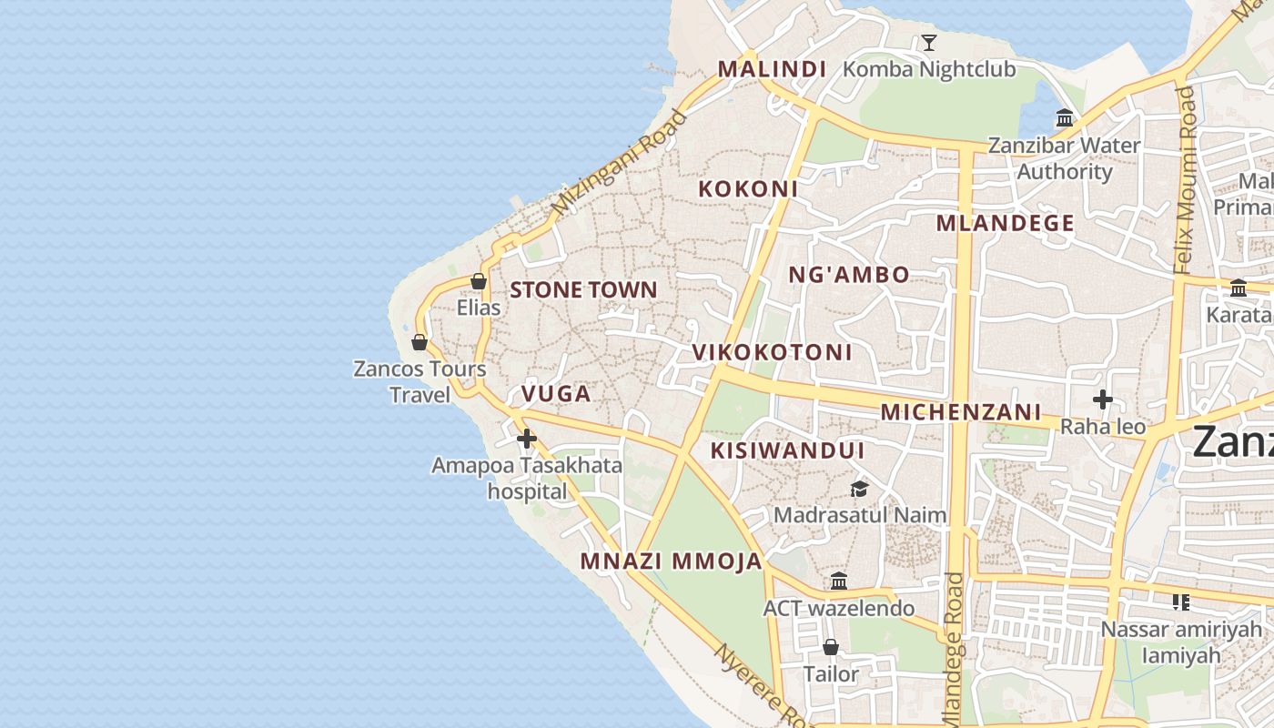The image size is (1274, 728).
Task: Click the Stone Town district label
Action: click(x=583, y=290)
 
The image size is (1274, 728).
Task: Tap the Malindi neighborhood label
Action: click(x=772, y=69)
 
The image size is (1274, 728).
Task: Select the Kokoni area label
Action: click(x=748, y=189)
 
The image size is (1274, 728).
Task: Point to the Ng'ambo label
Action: click(x=848, y=275)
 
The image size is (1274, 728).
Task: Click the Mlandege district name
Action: click(x=1005, y=223)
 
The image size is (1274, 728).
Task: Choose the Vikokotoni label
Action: click(x=772, y=352)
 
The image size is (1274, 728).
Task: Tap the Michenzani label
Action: click(x=960, y=412)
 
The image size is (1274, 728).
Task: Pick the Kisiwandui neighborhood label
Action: click(x=787, y=450)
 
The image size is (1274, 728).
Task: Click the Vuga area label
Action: click(x=556, y=394)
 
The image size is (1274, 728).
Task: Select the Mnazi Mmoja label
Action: click(x=672, y=561)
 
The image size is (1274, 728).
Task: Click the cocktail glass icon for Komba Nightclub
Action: click(x=928, y=42)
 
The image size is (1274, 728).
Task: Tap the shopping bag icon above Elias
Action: click(x=479, y=281)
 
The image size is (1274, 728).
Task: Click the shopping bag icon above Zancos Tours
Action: click(x=420, y=342)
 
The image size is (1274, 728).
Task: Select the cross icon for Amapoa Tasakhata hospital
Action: click(x=526, y=439)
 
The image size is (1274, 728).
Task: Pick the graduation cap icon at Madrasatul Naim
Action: click(x=859, y=490)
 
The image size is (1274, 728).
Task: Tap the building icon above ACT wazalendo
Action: click(x=839, y=581)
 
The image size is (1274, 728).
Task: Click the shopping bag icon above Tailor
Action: click(x=830, y=647)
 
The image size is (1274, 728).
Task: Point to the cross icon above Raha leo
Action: click(x=1103, y=399)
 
